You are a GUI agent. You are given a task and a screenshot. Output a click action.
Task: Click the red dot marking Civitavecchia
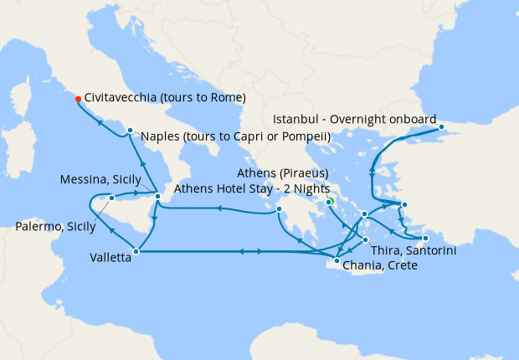pos(78,98)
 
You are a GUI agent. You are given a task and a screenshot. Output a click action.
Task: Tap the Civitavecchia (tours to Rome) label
pos(165,98)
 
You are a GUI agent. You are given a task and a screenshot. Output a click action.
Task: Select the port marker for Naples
pos(130,130)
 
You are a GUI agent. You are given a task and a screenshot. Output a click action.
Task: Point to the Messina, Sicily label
pos(101,180)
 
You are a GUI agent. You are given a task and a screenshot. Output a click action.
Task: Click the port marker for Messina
pos(158,197)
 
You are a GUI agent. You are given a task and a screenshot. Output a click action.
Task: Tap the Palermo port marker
pos(111,198)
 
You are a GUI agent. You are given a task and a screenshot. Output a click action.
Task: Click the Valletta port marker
pos(136,250)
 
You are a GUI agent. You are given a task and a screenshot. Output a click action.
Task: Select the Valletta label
pos(110,258)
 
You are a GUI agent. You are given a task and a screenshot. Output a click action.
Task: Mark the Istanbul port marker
pos(443,128)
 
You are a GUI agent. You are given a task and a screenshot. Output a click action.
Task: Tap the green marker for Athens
pos(330,201)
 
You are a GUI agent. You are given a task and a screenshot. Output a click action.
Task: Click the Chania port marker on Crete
pos(337,261)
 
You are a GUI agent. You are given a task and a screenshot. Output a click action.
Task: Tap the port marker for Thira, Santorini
pos(366,240)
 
